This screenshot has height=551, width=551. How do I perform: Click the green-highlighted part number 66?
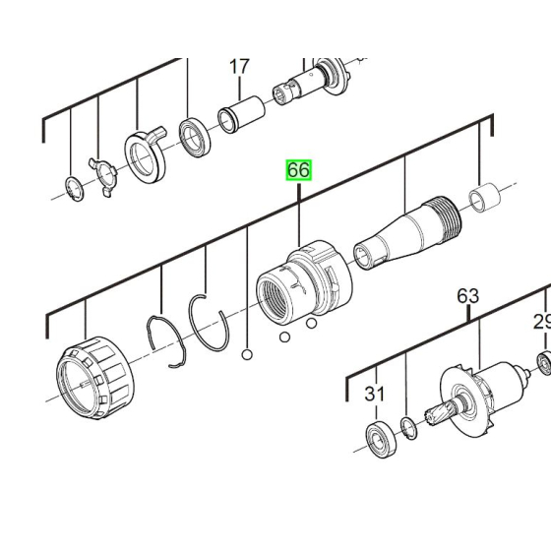pos(298,170)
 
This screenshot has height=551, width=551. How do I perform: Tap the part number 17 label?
pos(239,67)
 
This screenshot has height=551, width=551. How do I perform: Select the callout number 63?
pos(467,295)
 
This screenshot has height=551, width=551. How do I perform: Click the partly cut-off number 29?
pos(542,322)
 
